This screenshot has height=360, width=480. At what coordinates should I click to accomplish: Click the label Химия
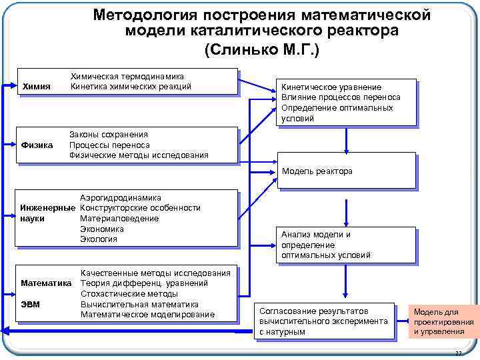(x=37, y=87)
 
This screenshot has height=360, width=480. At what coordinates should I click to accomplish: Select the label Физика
(x=37, y=145)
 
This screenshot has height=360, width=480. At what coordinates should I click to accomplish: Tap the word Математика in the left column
(x=46, y=283)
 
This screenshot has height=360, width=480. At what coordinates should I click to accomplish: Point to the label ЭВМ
(x=30, y=305)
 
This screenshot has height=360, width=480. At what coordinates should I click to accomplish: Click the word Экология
(x=99, y=239)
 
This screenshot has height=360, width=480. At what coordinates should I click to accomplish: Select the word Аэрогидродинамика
(x=121, y=198)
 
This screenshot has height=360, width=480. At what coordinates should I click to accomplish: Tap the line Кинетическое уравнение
(x=331, y=87)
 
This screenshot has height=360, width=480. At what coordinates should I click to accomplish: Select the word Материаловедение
(x=119, y=219)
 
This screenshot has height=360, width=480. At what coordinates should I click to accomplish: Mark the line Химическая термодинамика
(x=127, y=77)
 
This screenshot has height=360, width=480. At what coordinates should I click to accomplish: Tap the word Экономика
(x=102, y=229)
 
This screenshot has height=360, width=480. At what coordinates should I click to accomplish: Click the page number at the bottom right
(x=457, y=353)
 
